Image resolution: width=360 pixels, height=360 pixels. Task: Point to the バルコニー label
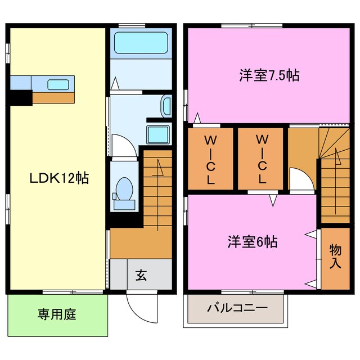coord(237,308)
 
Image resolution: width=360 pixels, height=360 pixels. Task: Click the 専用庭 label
coord(57,313)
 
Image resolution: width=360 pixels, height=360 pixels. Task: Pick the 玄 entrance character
coord(141,276)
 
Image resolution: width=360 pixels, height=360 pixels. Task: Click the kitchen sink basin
coord(58,85)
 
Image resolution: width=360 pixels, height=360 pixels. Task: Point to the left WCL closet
coord(210,159)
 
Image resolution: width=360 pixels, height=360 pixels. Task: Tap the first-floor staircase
coord(156,186)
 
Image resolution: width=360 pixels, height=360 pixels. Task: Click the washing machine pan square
coord(155,135)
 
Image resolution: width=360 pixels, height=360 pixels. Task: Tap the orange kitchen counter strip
coord(53,98)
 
